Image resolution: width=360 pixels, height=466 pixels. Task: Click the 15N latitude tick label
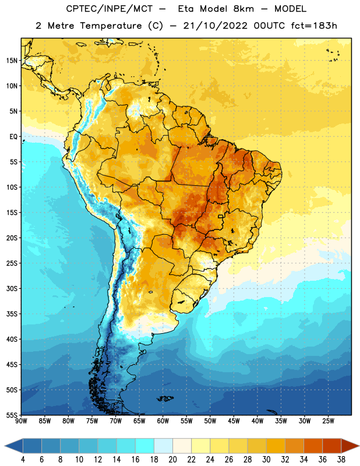tap(12, 61)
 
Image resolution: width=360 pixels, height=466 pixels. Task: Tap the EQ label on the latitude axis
tap(13, 137)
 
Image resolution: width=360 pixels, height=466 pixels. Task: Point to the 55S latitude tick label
tap(12, 415)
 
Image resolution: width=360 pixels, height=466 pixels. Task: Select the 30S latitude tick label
tap(12, 288)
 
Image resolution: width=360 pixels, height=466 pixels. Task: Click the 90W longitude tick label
tap(21, 421)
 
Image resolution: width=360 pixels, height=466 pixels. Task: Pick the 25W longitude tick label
tap(328, 421)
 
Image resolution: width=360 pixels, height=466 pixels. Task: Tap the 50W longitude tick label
tap(210, 421)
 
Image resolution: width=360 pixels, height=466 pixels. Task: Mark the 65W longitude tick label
tap(139, 421)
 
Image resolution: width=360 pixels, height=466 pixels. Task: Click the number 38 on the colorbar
tap(341, 460)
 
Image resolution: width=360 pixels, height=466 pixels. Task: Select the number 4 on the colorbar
tap(23, 460)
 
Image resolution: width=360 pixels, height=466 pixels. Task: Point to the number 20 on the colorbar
tap(172, 460)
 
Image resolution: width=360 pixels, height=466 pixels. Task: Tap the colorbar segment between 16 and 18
tap(145, 446)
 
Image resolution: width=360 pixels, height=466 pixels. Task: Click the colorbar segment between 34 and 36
tap(313, 446)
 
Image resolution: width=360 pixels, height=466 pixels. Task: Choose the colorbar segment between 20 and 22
tap(182, 446)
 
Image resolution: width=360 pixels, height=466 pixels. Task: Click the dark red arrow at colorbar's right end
tap(350, 446)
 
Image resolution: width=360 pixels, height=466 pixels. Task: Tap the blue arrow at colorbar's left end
tap(14, 446)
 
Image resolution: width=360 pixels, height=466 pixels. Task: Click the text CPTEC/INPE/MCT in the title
tap(110, 9)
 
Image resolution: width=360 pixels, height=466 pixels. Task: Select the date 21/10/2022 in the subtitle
tap(215, 26)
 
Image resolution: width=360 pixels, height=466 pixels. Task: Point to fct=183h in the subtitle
tap(314, 26)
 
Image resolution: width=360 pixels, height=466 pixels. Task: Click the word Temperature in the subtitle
tap(111, 26)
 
